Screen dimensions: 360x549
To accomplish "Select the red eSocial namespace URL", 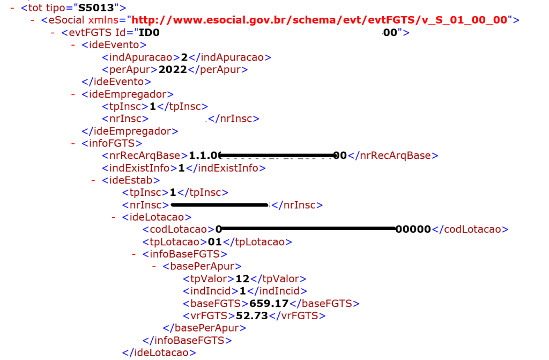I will coord(320,20).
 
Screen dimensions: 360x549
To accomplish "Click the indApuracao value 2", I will coord(184,57).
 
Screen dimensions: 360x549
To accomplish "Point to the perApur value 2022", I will coord(172,70).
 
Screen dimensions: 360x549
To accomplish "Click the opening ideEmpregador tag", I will coord(128,94).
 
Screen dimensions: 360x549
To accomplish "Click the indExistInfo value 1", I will coord(181,168).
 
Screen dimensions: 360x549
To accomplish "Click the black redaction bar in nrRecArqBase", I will coord(277,156).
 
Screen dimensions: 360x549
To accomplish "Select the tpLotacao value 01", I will coord(214,242).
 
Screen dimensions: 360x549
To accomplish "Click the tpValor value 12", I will coord(242,279).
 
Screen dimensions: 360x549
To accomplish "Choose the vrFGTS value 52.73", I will coord(251,316).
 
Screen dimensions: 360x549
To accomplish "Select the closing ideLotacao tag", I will coord(159,352).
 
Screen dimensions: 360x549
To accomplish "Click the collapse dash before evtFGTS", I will coord(53,33).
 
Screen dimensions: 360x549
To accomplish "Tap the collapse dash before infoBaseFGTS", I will coord(134,254).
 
